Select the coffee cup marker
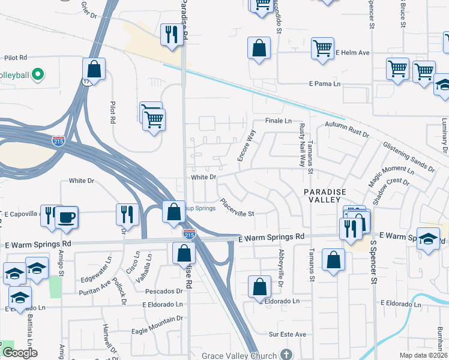(66, 217)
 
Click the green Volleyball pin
(37, 75)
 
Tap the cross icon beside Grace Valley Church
(287, 354)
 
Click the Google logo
(20, 353)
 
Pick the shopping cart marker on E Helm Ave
(323, 48)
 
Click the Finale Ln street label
(278, 121)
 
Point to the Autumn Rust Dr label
(347, 129)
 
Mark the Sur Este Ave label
(288, 334)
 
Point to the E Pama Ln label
(324, 83)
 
